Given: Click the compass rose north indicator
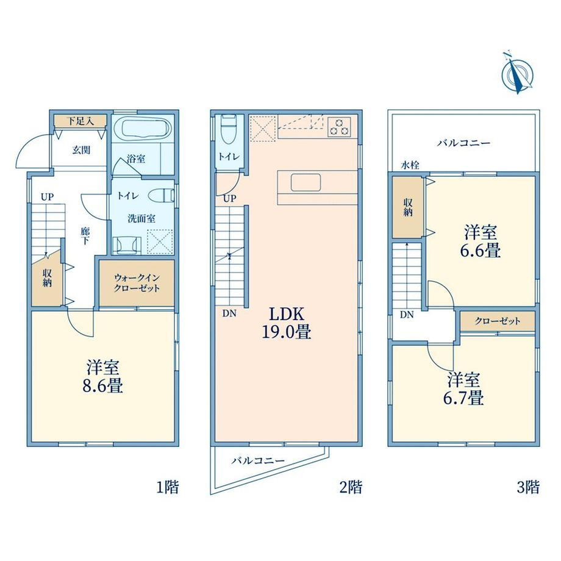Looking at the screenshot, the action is tap(517, 73).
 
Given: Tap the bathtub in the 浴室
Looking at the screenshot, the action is tap(145, 127).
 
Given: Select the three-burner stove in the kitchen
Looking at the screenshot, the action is tap(339, 127).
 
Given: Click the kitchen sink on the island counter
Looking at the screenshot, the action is tap(305, 182).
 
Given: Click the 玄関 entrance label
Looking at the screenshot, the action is tap(81, 150).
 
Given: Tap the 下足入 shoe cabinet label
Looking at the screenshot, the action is tap(80, 121).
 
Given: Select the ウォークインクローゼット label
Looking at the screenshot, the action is tap(137, 283).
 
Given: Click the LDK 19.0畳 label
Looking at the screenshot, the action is tap(287, 323).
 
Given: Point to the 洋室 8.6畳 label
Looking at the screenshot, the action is tap(103, 377).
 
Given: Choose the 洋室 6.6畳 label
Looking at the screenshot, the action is tap(480, 241).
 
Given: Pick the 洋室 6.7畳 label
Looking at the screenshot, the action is tap(463, 388).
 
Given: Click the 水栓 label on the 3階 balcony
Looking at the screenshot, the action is tap(410, 165).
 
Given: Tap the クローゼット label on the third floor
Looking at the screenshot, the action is tap(498, 321).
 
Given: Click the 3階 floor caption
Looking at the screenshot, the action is tap(528, 487).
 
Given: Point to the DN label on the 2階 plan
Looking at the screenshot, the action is tap(229, 313).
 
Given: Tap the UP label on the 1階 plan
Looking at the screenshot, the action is tap(47, 197).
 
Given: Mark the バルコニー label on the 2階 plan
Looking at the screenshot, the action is tap(258, 460).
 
